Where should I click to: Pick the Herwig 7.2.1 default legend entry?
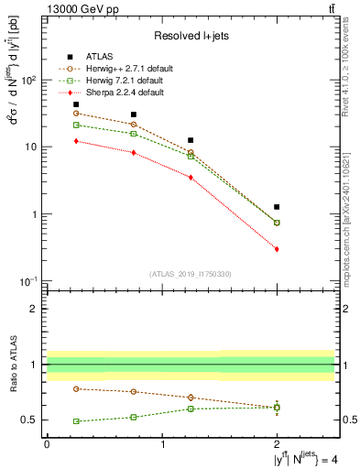click(x=124, y=80)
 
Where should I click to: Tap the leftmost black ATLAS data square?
click(x=76, y=104)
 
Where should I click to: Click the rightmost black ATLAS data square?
click(x=277, y=207)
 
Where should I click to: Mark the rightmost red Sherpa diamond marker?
click(x=277, y=249)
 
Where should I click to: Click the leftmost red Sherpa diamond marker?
click(x=76, y=141)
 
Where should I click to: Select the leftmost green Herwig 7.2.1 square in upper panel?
click(x=76, y=125)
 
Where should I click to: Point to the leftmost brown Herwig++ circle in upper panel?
click(x=76, y=114)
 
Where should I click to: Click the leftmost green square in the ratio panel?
click(x=76, y=421)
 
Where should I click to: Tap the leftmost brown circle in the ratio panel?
click(x=76, y=388)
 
